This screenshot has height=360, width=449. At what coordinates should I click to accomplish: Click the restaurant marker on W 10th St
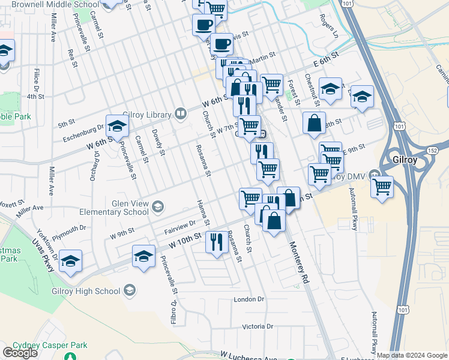pyautogui.click(x=215, y=241)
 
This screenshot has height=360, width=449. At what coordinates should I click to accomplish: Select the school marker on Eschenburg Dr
pyautogui.click(x=118, y=126)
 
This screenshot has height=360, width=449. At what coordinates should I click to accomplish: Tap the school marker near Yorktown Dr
pyautogui.click(x=71, y=261)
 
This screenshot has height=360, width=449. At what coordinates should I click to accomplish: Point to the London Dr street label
pyautogui.click(x=249, y=299)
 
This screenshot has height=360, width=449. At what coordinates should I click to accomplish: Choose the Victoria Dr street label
pyautogui.click(x=258, y=326)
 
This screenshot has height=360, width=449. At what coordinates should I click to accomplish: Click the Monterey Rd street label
pyautogui.click(x=298, y=263)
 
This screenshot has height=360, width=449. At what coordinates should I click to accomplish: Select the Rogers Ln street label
pyautogui.click(x=328, y=26)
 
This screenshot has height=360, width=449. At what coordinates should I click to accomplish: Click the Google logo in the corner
pyautogui.click(x=20, y=353)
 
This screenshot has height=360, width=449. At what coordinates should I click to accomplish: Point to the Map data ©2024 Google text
pyautogui.click(x=412, y=355)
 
